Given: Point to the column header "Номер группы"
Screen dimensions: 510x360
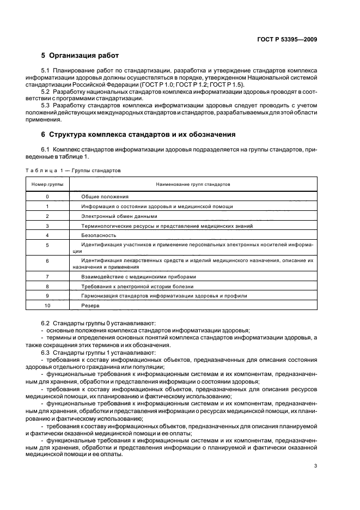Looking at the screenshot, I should click(47, 185).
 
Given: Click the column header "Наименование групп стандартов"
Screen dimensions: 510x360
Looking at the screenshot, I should click(193, 185).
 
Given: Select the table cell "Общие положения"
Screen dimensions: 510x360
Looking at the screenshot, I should click(105, 196).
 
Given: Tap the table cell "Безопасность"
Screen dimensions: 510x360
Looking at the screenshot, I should click(99, 235).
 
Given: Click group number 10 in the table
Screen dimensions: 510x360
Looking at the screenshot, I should click(47, 306).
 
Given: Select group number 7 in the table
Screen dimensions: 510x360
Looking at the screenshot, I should click(47, 276).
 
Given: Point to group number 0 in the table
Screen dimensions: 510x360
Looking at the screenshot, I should click(47, 196).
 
